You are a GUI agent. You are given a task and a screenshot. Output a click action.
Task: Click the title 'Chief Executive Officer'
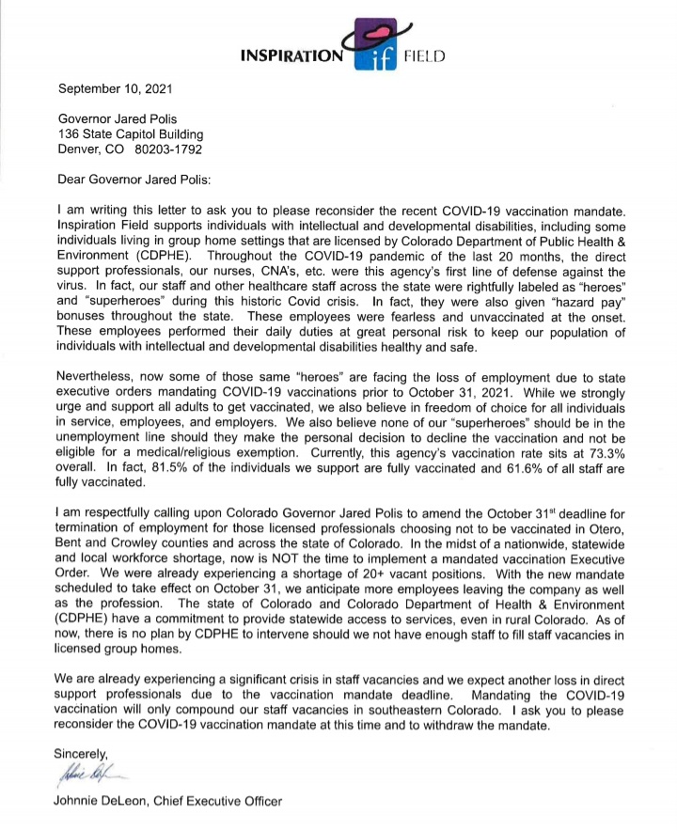pyautogui.click(x=220, y=802)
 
